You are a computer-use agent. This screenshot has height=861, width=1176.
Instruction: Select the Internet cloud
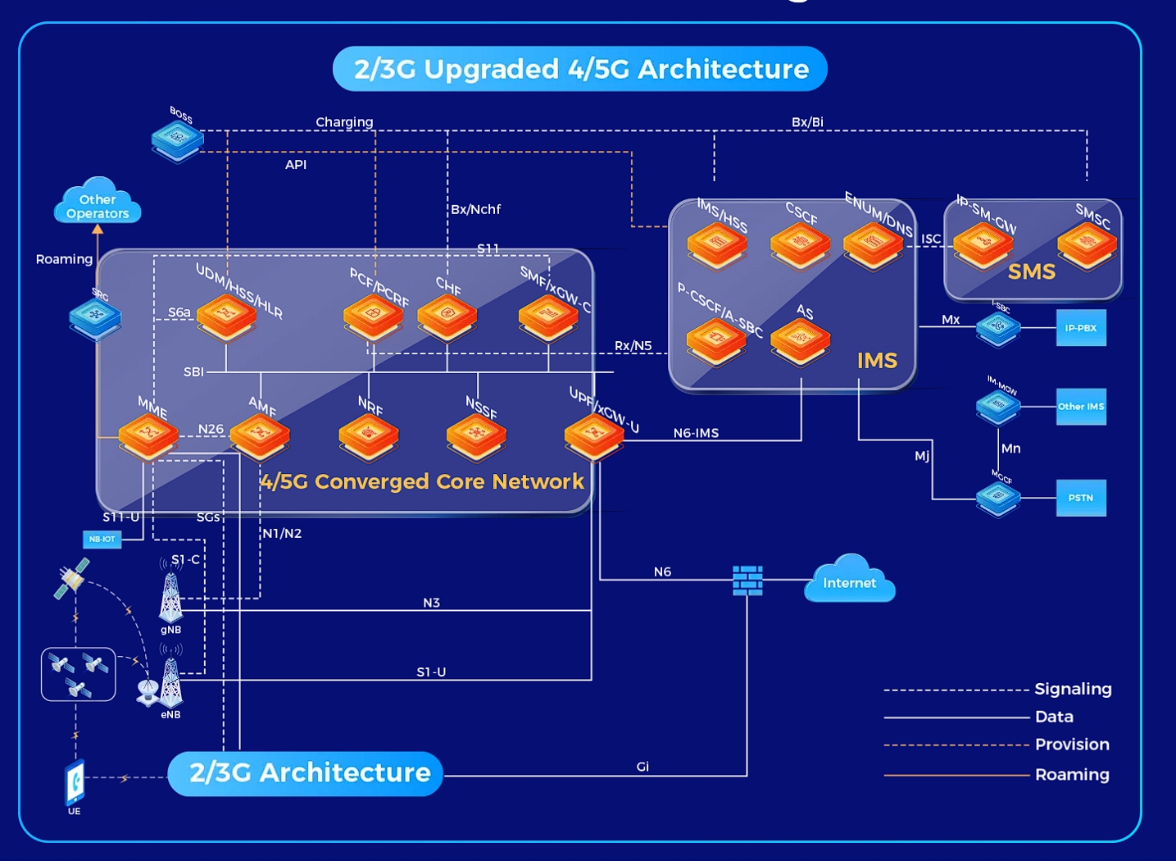coord(850,581)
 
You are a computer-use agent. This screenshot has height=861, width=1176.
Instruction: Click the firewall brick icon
coord(747,581)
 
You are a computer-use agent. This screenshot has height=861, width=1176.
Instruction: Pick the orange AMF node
coord(260,435)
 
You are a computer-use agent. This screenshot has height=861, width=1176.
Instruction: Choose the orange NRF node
coord(369,435)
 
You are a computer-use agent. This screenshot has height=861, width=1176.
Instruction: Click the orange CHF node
coord(447,317)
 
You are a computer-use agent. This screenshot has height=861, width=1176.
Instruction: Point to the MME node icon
coord(148,435)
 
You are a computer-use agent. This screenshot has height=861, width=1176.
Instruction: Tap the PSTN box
coord(1081,498)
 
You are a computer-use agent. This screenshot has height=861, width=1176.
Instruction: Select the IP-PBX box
coord(1081,328)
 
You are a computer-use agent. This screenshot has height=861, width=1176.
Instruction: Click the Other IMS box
coord(1081,407)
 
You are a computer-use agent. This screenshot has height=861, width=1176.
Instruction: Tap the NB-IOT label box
coord(102,540)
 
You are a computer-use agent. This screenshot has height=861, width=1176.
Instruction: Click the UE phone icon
coord(75,783)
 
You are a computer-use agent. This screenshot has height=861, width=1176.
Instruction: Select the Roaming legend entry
coord(1071,775)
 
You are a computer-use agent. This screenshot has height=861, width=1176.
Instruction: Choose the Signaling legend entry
coord(1072,690)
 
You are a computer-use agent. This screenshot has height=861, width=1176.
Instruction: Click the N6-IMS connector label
coord(696,433)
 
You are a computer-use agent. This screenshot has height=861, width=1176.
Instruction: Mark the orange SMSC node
coord(1087,244)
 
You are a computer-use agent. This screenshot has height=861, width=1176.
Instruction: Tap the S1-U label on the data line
coord(431,672)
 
